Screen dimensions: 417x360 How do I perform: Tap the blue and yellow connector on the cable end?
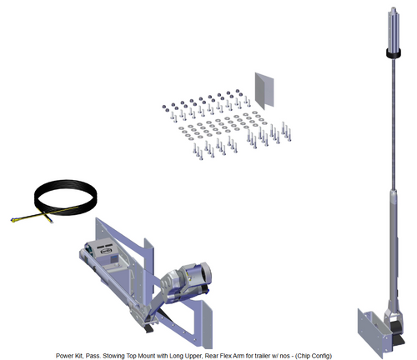(15, 220)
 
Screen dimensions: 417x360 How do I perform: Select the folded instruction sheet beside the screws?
(264, 91)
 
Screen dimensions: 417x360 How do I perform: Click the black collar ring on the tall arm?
(394, 53)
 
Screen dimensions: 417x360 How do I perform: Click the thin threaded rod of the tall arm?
(394, 123)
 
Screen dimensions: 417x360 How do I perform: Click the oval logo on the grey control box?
(107, 251)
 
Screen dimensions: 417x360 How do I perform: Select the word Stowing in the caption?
(114, 356)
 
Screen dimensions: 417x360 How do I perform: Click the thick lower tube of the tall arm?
(394, 250)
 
